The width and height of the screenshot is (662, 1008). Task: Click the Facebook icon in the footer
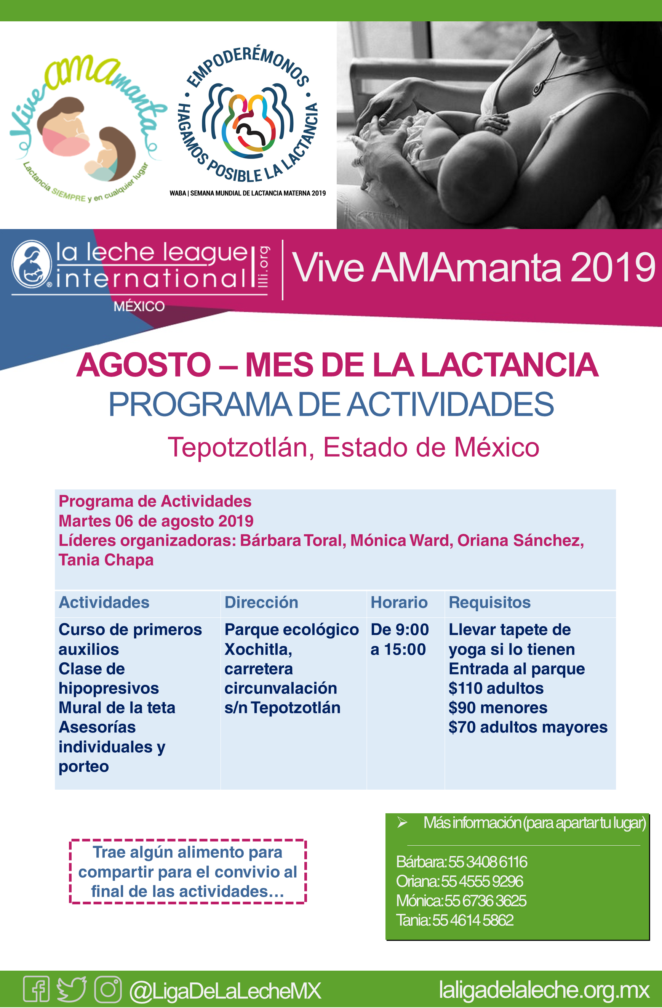37,989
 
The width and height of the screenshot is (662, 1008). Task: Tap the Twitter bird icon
72,989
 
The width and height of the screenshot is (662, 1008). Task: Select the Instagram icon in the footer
108,989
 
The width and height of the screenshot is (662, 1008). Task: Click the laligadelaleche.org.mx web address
544,990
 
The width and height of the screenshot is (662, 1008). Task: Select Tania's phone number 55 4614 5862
473,920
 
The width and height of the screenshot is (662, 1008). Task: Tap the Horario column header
399,602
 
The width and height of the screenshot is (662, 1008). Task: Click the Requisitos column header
489,602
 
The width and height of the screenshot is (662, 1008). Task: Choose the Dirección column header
261,602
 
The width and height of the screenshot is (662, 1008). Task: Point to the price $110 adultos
496,688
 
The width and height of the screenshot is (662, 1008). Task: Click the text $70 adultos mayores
528,727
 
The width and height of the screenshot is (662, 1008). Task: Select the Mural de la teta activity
117,708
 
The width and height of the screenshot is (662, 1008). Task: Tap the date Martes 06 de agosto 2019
156,521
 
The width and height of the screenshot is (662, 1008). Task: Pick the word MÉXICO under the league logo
139,306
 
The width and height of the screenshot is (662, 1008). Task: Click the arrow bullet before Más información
402,823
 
